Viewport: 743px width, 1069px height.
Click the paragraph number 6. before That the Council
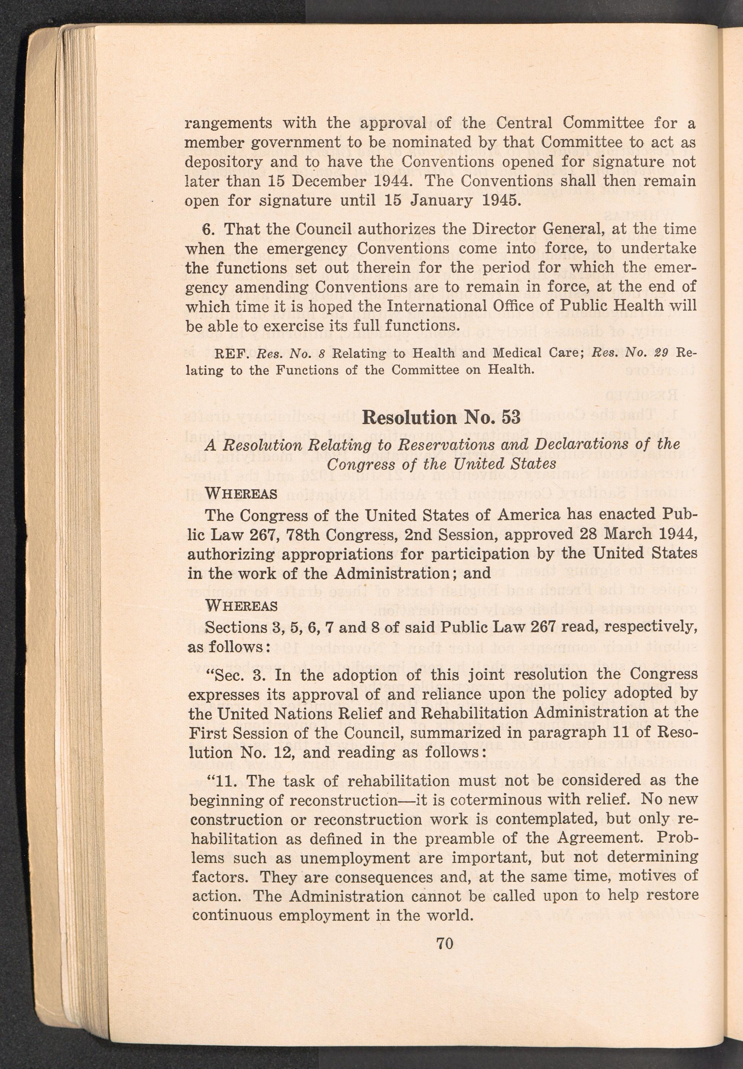tap(208, 229)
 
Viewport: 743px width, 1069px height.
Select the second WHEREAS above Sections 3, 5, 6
tap(241, 606)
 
